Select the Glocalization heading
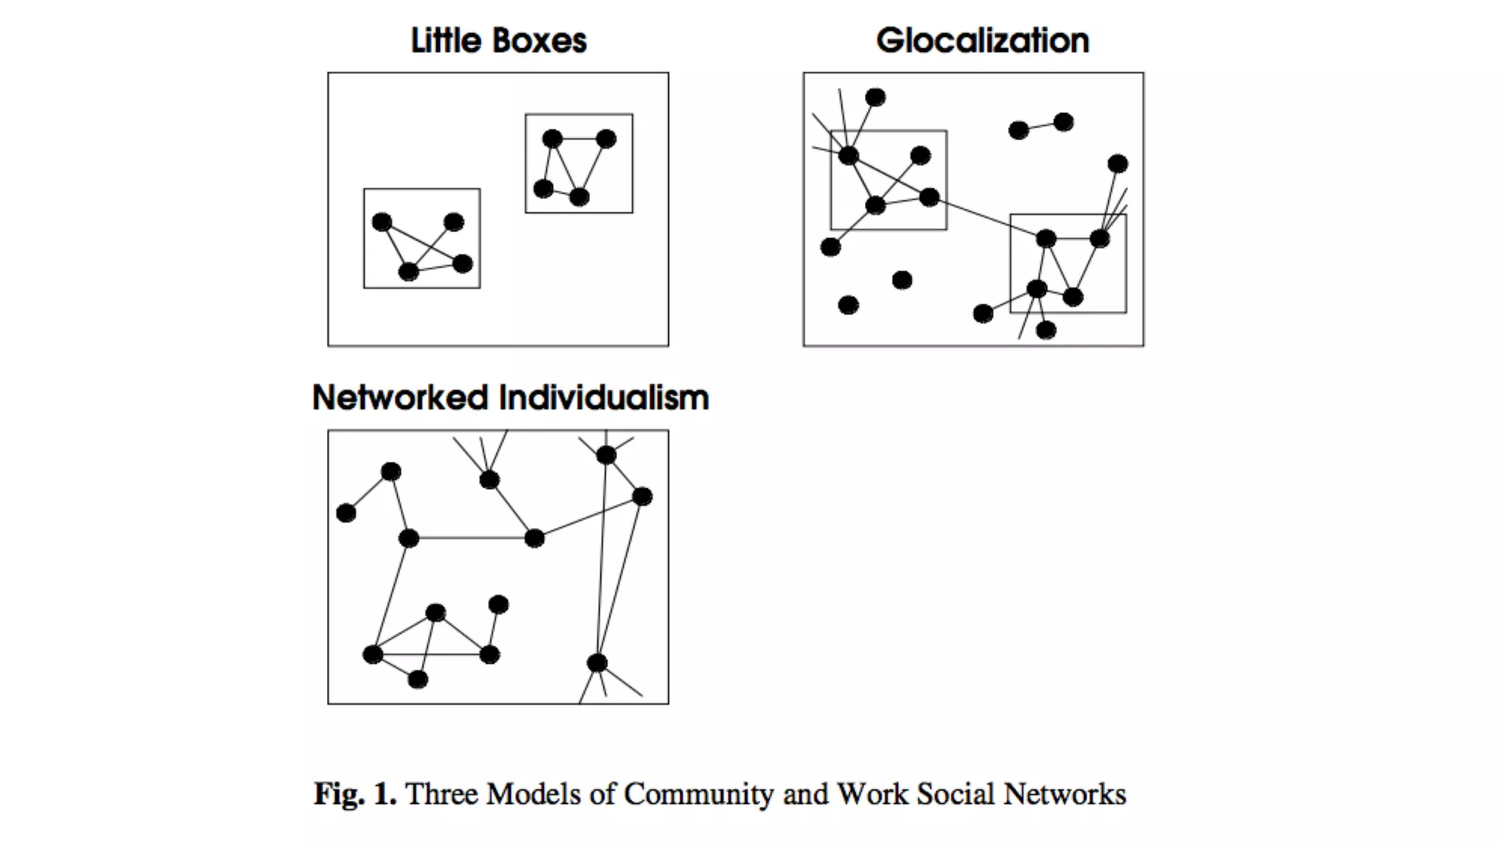click(x=982, y=41)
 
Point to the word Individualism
click(x=604, y=398)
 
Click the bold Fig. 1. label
click(x=355, y=794)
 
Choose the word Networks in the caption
click(x=1065, y=794)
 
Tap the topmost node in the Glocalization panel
click(x=875, y=98)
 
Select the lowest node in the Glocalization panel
click(x=1047, y=331)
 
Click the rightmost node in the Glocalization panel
click(x=1118, y=164)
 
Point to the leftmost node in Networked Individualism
click(x=346, y=513)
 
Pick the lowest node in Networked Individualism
click(x=418, y=680)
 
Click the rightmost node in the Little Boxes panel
click(x=606, y=139)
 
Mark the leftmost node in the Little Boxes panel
click(x=382, y=222)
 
